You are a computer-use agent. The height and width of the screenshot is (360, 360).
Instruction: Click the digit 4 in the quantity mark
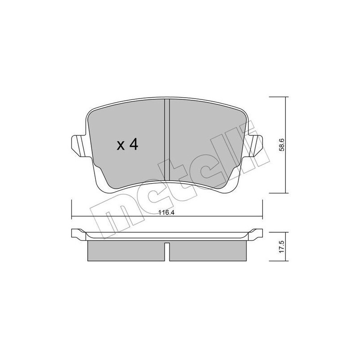tap(134, 144)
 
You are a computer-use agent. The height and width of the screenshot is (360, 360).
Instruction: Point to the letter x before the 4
tap(121, 145)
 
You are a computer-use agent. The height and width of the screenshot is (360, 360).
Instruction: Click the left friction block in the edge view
tap(125, 250)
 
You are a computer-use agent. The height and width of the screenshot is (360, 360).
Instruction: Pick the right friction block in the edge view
tap(208, 250)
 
